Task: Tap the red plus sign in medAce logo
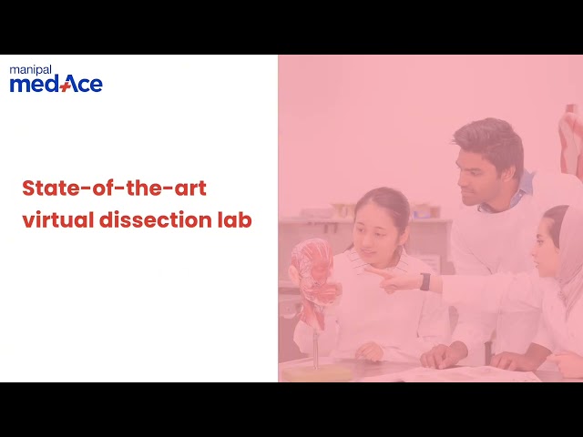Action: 65,86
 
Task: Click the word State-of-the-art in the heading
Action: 114,188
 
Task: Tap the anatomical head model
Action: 313,278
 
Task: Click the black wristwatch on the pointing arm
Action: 424,281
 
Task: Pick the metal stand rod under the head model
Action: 316,346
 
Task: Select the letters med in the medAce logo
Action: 33,85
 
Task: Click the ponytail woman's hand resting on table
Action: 369,351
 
